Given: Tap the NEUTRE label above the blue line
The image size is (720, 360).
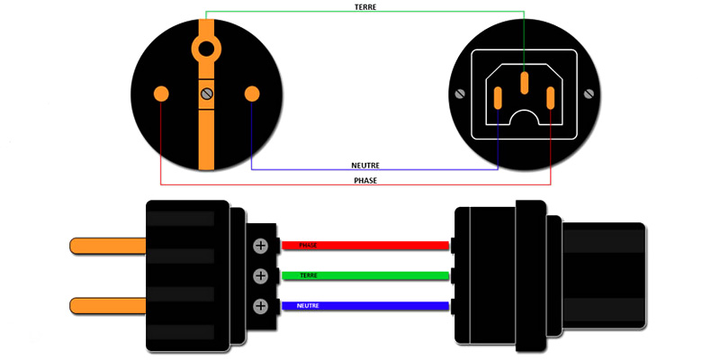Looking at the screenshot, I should coord(364,166).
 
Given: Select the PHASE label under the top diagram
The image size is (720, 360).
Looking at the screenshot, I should coord(364,180).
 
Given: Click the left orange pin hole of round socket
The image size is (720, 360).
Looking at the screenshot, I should coord(161,93).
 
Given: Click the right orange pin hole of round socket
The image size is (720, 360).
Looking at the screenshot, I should coord(252,93).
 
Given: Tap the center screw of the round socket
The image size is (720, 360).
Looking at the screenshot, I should coord(206,93).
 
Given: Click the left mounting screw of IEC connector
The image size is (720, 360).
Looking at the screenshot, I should coord(461,93).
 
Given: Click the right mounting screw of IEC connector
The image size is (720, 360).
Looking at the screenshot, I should coord(589,93).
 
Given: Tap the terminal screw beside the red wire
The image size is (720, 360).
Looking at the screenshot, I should coord(261,245).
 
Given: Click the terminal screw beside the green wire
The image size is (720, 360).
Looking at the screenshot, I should coord(261,275).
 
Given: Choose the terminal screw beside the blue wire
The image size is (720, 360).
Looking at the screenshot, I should coord(261,306).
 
